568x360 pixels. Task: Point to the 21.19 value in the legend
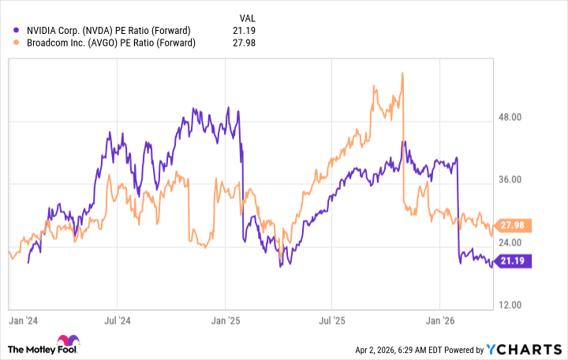click(247, 31)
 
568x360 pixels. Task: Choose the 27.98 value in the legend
click(247, 43)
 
